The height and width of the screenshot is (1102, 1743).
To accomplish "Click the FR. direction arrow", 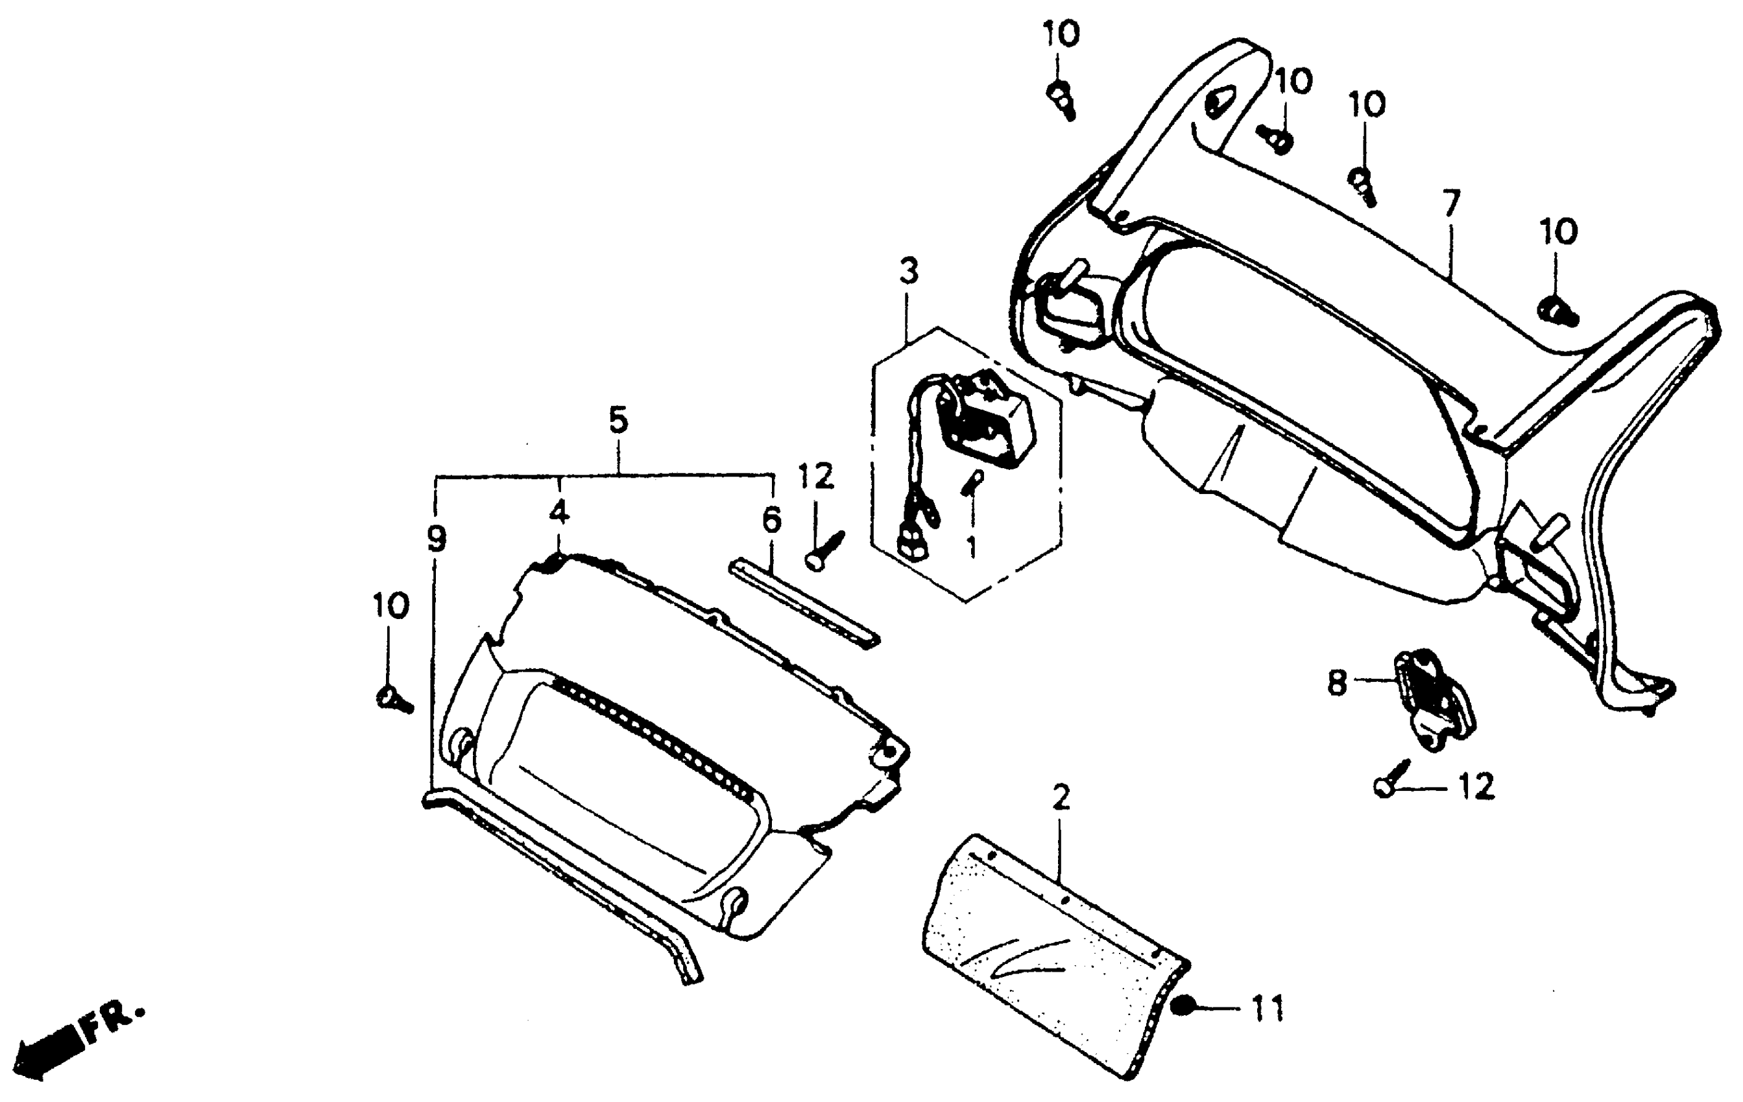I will click(x=49, y=1051).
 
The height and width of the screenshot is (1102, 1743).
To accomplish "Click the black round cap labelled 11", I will click(x=1183, y=1007).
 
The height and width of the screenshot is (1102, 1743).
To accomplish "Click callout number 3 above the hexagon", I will click(x=909, y=272).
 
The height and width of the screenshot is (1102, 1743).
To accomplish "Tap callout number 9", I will click(x=437, y=539).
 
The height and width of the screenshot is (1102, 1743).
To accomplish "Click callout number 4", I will click(x=559, y=512).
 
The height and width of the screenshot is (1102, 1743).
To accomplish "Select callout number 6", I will click(x=773, y=519).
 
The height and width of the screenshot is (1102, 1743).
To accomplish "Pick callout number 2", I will click(x=1061, y=798).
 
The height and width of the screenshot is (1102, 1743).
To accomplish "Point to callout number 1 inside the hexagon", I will click(x=971, y=547).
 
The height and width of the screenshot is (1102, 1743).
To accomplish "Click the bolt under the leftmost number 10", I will click(x=393, y=698).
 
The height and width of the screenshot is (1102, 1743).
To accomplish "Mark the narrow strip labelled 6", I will click(x=804, y=603).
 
